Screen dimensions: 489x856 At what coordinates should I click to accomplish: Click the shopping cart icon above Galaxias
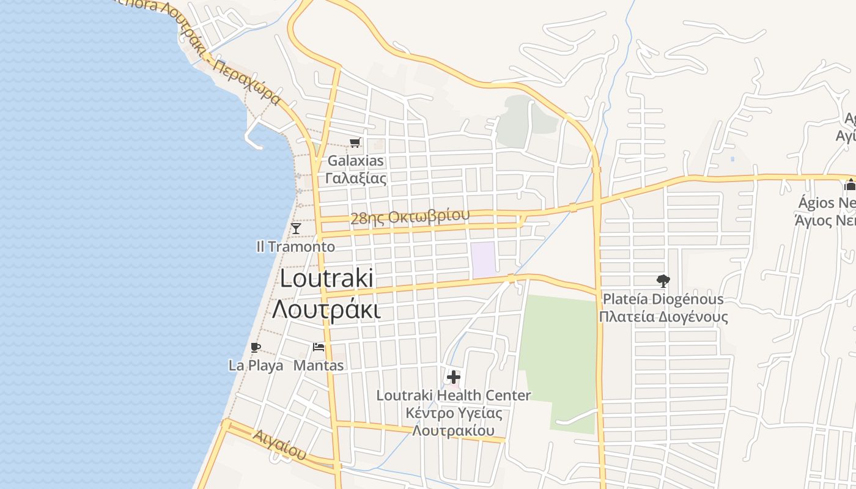click(x=355, y=143)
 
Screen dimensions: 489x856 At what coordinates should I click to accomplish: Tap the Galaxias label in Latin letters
click(x=356, y=161)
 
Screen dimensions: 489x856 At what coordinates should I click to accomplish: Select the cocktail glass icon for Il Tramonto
click(x=296, y=229)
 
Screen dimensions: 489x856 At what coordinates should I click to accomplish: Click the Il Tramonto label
click(x=295, y=246)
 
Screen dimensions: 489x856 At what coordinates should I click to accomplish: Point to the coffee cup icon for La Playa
click(x=256, y=348)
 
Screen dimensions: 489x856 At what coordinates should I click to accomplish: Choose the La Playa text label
click(x=256, y=366)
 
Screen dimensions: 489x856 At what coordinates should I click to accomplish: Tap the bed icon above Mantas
click(x=319, y=347)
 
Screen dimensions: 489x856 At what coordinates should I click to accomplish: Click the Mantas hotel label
click(x=319, y=366)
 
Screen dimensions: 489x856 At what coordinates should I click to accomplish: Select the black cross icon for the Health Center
click(x=454, y=377)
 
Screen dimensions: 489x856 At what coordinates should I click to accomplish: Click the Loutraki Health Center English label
click(x=454, y=395)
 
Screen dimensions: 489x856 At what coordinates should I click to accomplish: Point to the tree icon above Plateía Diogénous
click(x=663, y=281)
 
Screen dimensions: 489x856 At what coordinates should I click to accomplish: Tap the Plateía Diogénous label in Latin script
click(x=663, y=299)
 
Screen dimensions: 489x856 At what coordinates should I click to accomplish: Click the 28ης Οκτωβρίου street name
click(x=410, y=216)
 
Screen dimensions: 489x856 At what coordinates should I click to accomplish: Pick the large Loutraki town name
click(x=327, y=279)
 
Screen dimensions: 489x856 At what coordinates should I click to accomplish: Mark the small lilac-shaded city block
click(x=482, y=259)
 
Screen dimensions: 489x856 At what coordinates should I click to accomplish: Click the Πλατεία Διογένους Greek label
click(x=663, y=317)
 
